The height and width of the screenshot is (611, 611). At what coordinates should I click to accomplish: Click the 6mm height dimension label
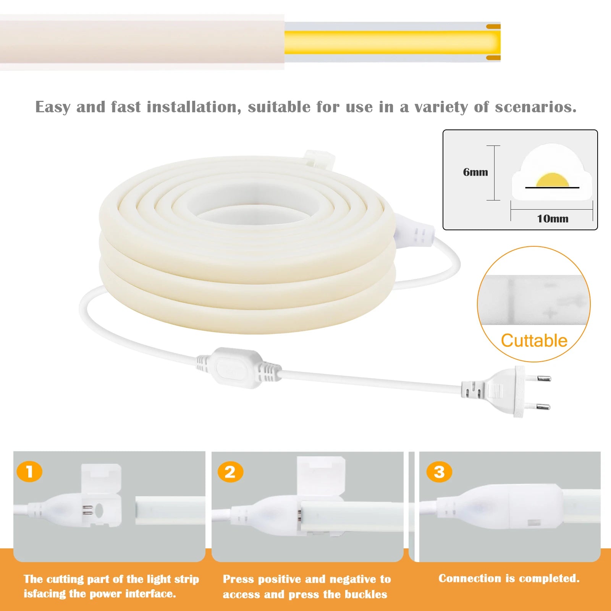coord(475,172)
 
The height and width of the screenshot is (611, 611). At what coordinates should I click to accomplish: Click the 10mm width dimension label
coord(553,219)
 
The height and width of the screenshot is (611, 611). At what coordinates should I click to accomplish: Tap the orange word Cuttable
coord(534,341)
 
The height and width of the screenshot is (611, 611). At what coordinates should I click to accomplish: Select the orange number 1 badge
coord(29,472)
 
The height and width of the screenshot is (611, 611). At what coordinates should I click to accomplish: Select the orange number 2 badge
coord(230,472)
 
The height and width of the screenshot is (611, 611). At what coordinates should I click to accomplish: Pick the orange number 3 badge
coord(439,472)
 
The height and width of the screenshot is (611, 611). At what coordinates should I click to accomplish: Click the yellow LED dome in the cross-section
coord(552,181)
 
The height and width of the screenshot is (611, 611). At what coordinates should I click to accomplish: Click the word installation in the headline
coord(194,107)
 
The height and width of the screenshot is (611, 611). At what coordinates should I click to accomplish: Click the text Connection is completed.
coord(509,579)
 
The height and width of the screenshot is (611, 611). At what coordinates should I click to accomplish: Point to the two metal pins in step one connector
coord(87,510)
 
